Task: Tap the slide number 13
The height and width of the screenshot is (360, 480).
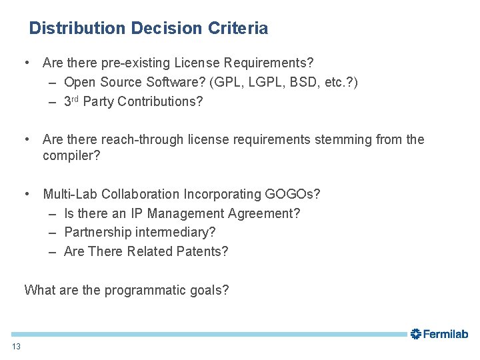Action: (x=16, y=346)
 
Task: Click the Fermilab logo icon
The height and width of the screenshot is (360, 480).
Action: (x=416, y=333)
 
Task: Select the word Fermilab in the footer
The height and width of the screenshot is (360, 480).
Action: (x=446, y=334)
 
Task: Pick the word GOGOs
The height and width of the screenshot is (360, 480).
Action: (x=292, y=194)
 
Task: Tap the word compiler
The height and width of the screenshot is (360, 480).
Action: (x=71, y=155)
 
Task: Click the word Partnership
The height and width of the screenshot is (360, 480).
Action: (x=98, y=232)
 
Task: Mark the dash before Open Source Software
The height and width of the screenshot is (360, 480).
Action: (x=52, y=82)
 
